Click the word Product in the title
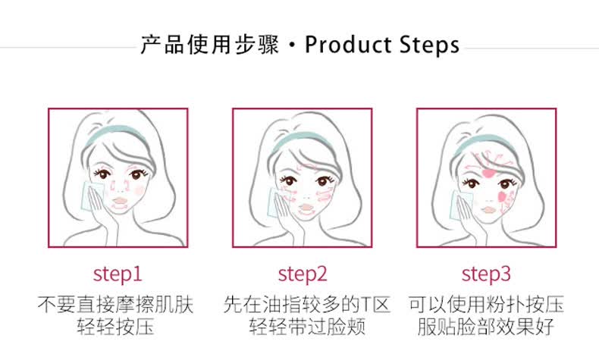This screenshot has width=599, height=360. coord(347,45)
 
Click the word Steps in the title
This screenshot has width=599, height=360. coord(429,45)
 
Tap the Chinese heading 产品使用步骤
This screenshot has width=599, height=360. coord(210,45)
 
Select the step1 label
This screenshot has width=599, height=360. coord(118,274)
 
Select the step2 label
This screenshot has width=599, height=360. coord(303,274)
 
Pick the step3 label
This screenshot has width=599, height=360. coord(486,274)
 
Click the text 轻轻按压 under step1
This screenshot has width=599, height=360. coord(116,326)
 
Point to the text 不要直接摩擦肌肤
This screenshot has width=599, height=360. coord(116,304)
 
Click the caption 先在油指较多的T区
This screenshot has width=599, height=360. coord(307,304)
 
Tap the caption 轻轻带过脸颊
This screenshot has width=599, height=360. coord(308,326)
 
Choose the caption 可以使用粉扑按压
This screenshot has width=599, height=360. coord(486,304)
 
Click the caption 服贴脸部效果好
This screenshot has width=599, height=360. coord(486,326)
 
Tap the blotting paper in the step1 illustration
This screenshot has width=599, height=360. coord(91,196)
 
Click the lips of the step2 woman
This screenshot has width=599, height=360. coord(306,208)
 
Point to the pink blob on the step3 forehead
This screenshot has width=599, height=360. coord(488,174)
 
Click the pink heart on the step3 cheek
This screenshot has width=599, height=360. coord(502,197)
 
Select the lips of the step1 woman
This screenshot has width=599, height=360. coord(120,201)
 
